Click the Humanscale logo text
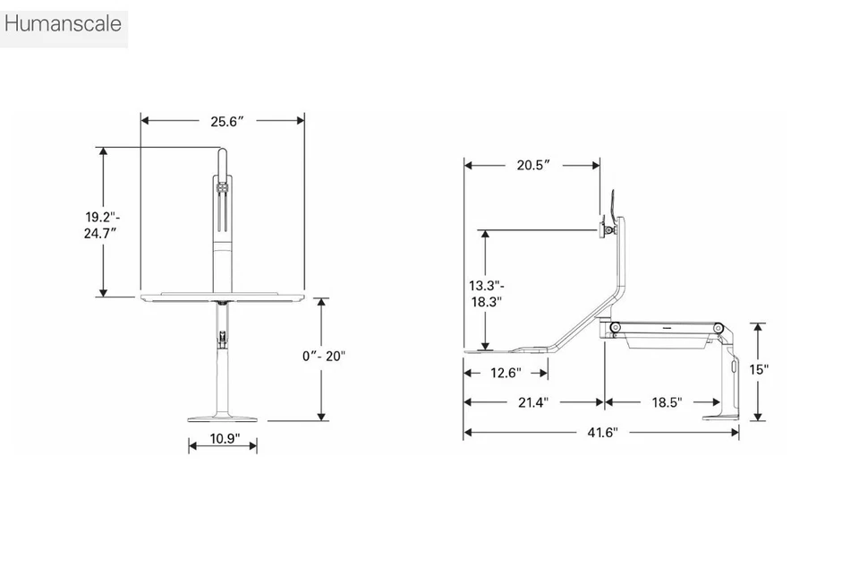[63, 24]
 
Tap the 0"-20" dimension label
[324, 356]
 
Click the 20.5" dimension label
[532, 165]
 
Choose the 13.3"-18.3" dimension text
[485, 294]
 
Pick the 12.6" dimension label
[503, 373]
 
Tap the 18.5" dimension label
[665, 403]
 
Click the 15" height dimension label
[759, 369]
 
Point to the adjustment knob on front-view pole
[220, 339]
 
